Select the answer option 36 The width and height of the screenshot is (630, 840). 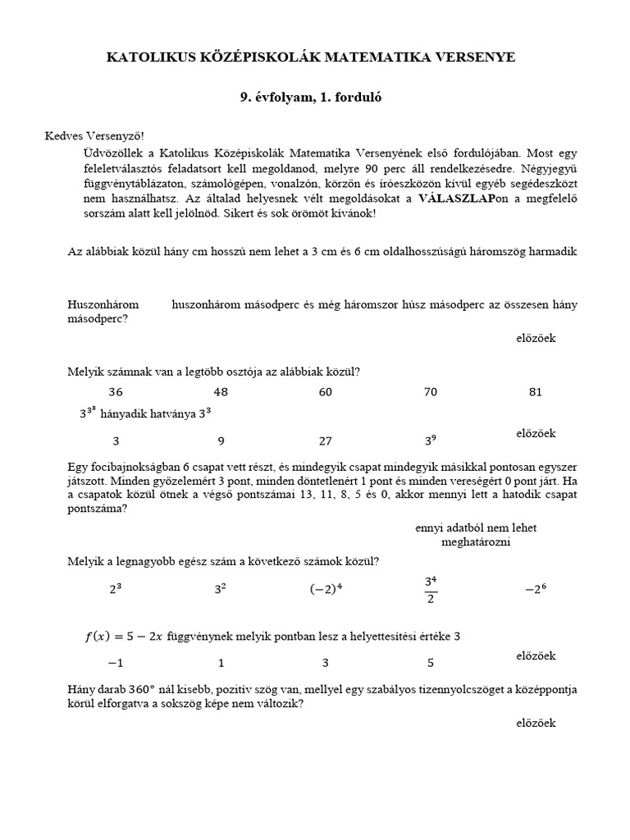[116, 392]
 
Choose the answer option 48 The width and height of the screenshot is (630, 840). [221, 392]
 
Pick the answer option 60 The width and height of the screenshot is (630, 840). [326, 392]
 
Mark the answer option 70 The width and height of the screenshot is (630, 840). [431, 392]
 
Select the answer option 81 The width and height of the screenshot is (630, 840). [536, 392]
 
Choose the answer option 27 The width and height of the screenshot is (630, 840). [326, 441]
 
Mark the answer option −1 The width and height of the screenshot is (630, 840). [116, 663]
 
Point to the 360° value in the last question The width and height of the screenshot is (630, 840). [122, 690]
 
